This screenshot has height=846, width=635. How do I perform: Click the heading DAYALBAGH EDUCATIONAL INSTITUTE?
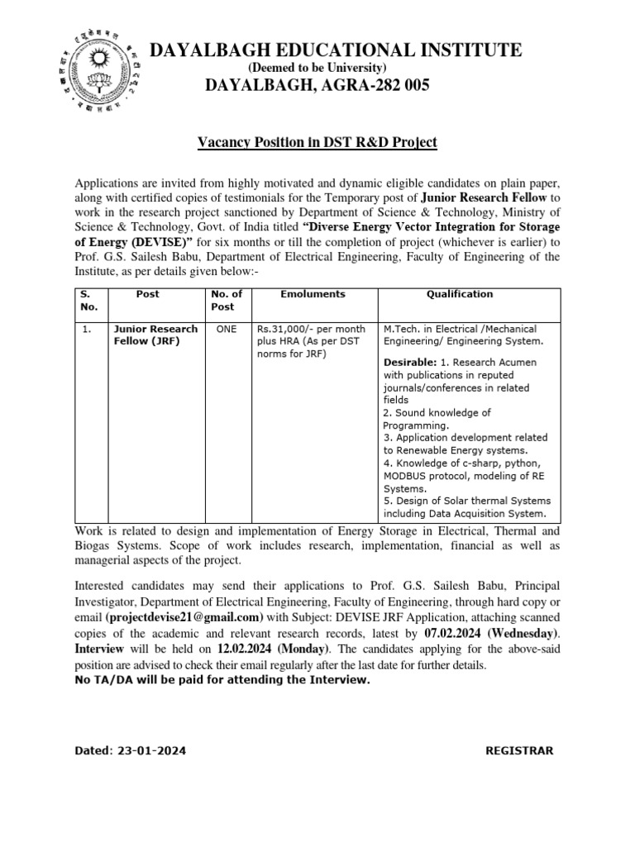[x=335, y=50]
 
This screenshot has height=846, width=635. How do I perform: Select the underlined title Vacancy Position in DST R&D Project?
[x=317, y=143]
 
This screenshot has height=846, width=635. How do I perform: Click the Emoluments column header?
[x=313, y=294]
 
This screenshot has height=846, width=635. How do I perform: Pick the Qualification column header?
[x=459, y=294]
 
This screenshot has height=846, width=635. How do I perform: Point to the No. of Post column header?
[x=226, y=300]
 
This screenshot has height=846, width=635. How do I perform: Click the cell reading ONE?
[x=226, y=329]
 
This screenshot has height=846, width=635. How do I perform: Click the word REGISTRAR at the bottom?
[x=518, y=751]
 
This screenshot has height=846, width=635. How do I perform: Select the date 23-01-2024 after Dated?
[x=152, y=751]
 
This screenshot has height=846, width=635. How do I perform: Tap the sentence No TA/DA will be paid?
[x=222, y=680]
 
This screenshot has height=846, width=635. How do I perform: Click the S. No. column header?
[x=88, y=300]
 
